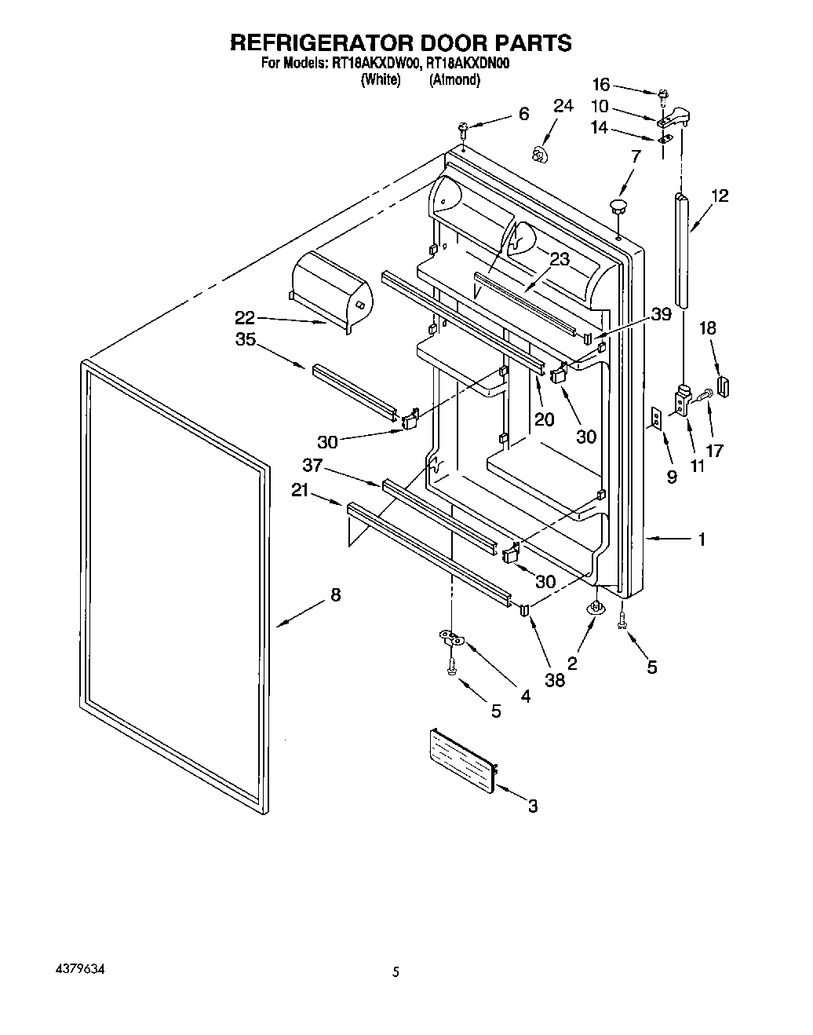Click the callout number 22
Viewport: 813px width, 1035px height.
click(x=245, y=318)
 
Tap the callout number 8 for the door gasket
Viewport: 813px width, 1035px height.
click(x=336, y=595)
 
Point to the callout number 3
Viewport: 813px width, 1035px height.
click(x=533, y=806)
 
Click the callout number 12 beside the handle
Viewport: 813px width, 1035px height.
click(x=720, y=196)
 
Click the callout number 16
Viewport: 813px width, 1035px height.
click(x=600, y=84)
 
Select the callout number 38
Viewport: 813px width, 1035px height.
click(x=555, y=680)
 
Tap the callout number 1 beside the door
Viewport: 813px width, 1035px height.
click(x=702, y=539)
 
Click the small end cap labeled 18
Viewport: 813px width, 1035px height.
click(x=724, y=386)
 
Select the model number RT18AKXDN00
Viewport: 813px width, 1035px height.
click(x=469, y=65)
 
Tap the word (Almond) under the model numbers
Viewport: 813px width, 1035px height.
click(x=454, y=80)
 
